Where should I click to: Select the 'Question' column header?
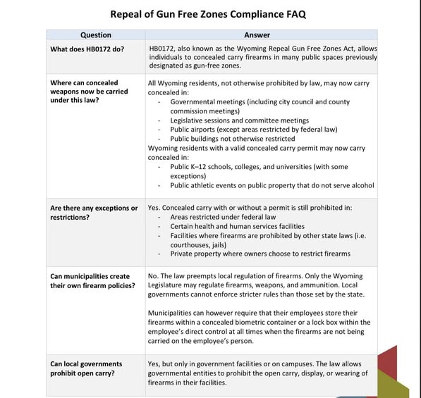(x=95, y=35)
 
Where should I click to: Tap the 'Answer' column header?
(x=262, y=35)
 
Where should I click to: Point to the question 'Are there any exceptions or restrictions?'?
(x=94, y=213)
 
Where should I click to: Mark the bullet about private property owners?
(x=260, y=254)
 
